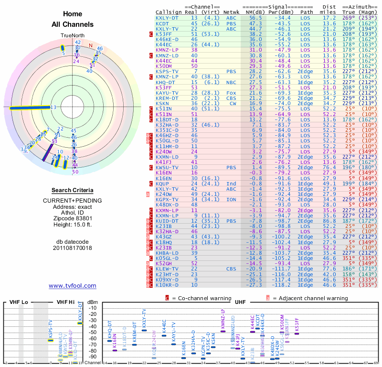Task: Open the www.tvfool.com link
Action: click(73, 286)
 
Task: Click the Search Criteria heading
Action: click(73, 190)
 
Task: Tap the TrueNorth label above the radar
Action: click(72, 36)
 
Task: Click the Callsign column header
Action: click(169, 12)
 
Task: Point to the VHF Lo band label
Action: click(19, 302)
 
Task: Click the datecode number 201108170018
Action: click(73, 248)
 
